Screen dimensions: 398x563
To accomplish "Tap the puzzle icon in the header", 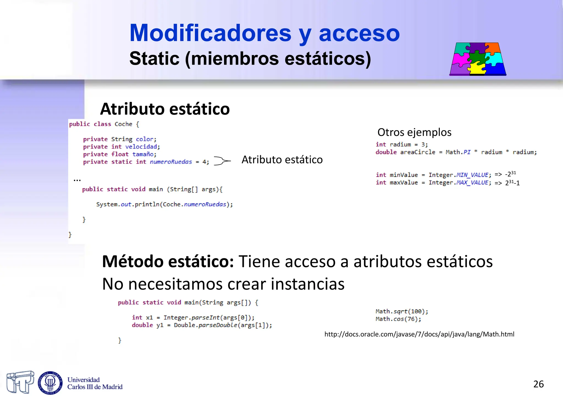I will [478, 59].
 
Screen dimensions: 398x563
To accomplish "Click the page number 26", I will [538, 384].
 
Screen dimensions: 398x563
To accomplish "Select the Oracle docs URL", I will [419, 334].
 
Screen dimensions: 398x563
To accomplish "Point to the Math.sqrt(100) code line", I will [402, 311].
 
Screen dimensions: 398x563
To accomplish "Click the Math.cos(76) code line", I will [398, 319].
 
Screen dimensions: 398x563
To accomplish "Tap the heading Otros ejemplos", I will [414, 132].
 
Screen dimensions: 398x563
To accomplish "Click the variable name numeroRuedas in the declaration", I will [171, 162].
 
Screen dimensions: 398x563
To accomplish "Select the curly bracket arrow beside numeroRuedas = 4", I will [222, 161].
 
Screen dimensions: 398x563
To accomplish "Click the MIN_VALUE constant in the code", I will [472, 175].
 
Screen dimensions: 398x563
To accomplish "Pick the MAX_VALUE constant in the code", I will [472, 183].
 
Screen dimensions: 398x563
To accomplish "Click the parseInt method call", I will [205, 318].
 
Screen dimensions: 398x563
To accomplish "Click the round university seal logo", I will [50, 383].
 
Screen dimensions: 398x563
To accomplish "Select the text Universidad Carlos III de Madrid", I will [95, 383].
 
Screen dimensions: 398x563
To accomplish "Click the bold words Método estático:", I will [168, 261].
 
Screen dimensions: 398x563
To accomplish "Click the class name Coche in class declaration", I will [123, 124].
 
